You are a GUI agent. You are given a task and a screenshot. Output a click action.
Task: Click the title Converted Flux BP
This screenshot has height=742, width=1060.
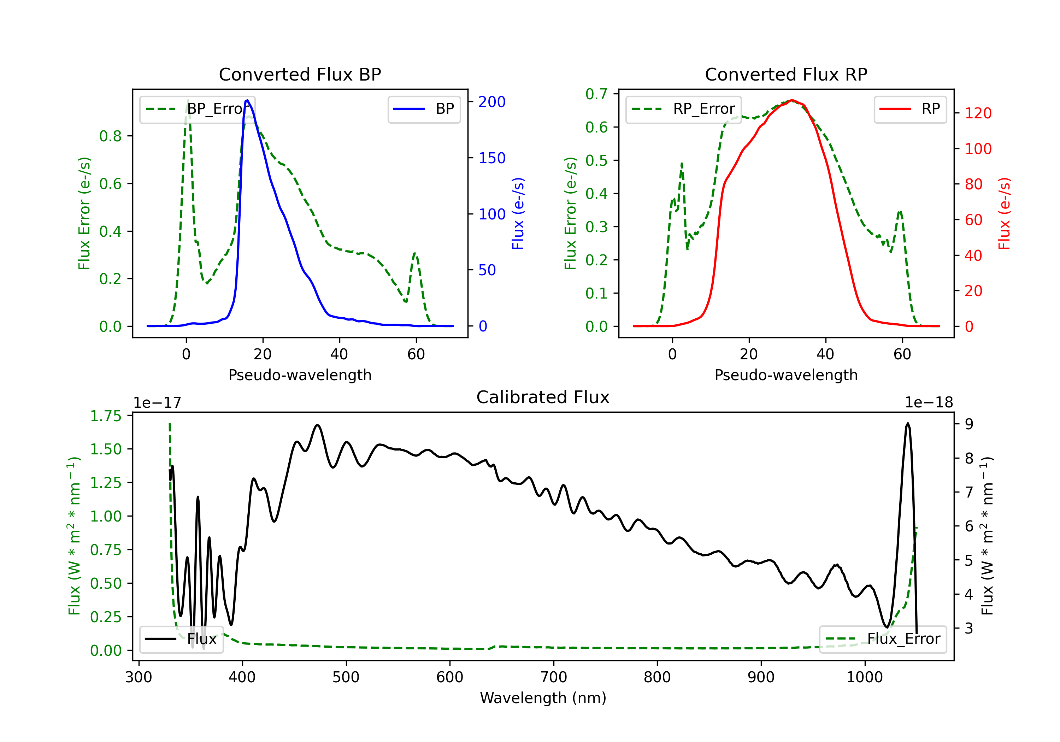(300, 74)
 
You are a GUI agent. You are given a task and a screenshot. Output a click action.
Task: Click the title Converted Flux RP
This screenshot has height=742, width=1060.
(786, 74)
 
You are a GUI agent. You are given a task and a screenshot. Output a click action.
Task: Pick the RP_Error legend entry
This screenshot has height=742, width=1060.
(684, 109)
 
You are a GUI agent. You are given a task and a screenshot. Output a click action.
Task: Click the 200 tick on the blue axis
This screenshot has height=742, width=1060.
(492, 102)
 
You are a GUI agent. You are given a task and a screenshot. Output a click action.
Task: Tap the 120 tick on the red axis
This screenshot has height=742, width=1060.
(978, 113)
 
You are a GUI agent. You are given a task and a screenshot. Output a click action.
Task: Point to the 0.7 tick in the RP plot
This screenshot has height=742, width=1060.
(596, 94)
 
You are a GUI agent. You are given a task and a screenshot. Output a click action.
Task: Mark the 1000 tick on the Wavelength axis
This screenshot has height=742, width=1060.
(864, 677)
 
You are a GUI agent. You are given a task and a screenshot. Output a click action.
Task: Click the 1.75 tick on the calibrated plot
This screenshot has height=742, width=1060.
(106, 416)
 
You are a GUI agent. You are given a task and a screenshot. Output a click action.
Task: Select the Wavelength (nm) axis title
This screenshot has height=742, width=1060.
(543, 698)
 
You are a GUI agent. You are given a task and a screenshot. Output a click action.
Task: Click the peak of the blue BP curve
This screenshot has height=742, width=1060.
(247, 100)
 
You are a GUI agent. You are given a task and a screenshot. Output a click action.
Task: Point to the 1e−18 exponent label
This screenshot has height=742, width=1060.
(929, 403)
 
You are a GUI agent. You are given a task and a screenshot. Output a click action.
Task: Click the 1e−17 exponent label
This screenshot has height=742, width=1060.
(158, 403)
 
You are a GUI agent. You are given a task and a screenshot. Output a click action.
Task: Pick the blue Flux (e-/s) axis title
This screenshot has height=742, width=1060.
(518, 214)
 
